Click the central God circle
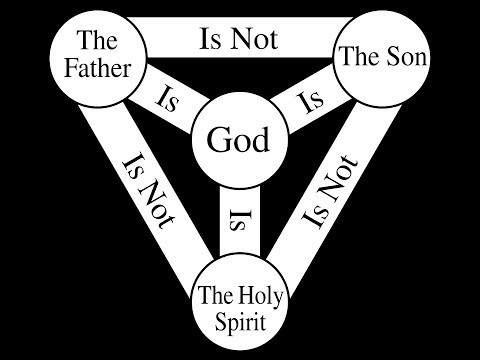[238, 139]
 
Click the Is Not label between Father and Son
[239, 39]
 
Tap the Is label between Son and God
[311, 100]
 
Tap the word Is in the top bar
[212, 39]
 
